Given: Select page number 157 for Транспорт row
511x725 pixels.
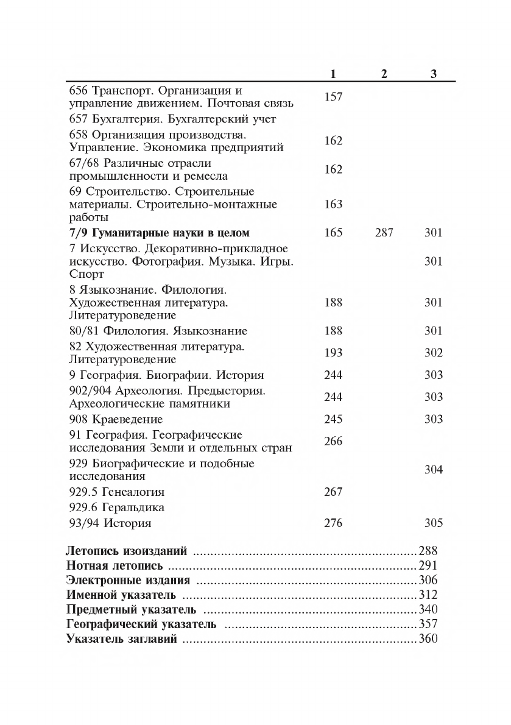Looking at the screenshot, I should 333,97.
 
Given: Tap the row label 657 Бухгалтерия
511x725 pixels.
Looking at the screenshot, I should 172,119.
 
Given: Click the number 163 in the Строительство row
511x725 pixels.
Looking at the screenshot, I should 333,204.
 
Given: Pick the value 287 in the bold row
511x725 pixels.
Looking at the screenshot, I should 384,232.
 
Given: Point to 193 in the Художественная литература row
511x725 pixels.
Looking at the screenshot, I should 333,353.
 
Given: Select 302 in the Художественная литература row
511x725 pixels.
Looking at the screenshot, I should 433,353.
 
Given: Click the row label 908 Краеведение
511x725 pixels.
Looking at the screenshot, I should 116,419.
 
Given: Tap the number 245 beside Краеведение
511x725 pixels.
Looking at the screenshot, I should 333,419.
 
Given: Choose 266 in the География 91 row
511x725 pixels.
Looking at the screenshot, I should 333,441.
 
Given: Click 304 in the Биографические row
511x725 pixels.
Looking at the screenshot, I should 433,470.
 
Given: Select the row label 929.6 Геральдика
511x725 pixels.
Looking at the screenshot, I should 117,507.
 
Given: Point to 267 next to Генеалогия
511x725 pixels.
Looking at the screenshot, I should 333,492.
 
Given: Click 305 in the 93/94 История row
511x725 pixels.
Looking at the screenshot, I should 433,523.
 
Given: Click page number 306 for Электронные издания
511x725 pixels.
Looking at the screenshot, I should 428,580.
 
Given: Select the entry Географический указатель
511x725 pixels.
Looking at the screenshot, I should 141,624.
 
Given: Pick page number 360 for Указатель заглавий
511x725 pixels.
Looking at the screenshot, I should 428,639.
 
